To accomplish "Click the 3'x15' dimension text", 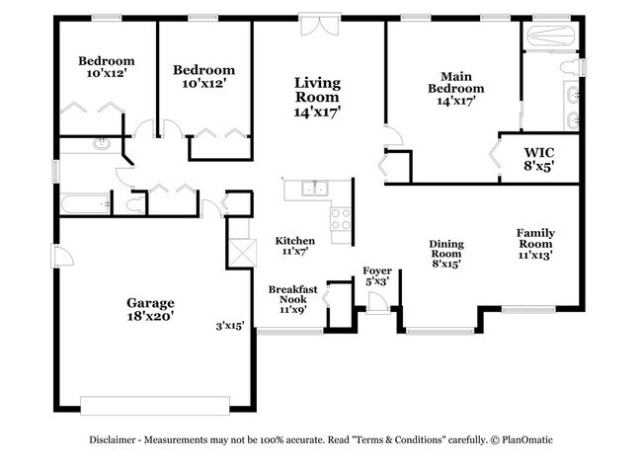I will tap(232, 327).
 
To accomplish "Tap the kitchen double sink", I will tap(315, 188).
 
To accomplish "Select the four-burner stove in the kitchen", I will tap(341, 219).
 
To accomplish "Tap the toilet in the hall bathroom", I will tap(134, 205).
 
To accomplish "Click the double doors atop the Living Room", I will tap(318, 25).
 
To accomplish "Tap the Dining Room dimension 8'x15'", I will tap(446, 263).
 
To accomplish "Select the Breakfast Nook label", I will tap(293, 295).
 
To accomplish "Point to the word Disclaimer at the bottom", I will tap(120, 441).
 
